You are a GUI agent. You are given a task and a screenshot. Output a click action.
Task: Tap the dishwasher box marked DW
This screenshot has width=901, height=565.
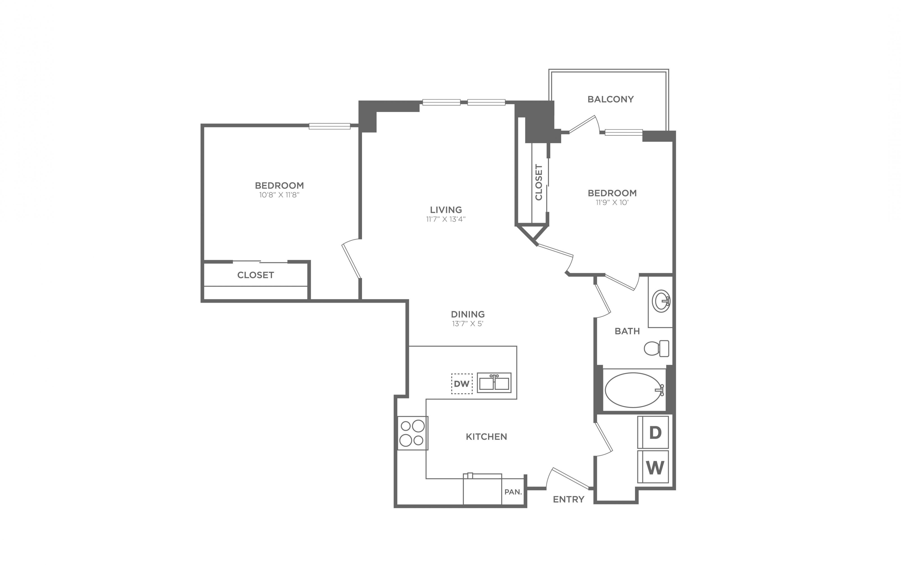pos(462,384)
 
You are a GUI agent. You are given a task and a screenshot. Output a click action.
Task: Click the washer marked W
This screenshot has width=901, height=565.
pos(653,467)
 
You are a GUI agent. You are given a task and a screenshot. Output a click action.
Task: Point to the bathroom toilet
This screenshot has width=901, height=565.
pos(656,348)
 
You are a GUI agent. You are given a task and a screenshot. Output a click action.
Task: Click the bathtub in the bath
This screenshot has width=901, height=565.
pos(634,390)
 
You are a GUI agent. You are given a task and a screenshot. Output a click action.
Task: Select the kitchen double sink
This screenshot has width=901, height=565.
pos(494,383)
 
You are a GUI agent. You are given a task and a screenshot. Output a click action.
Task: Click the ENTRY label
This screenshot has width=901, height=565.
pos(568,499)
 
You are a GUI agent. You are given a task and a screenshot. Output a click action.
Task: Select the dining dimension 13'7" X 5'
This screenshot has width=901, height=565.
pos(467,324)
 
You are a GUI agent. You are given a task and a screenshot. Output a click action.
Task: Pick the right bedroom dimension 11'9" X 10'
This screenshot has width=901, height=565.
pos(612,202)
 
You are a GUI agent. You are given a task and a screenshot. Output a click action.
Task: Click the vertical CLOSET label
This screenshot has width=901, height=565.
pos(539,182)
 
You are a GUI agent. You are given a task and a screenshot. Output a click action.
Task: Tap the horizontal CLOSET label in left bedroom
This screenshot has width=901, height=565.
pos(256,275)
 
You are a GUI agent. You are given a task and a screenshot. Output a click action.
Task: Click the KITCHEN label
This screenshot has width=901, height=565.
pos(486,436)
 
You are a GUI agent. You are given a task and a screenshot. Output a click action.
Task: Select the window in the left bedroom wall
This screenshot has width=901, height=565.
pos(329,126)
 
